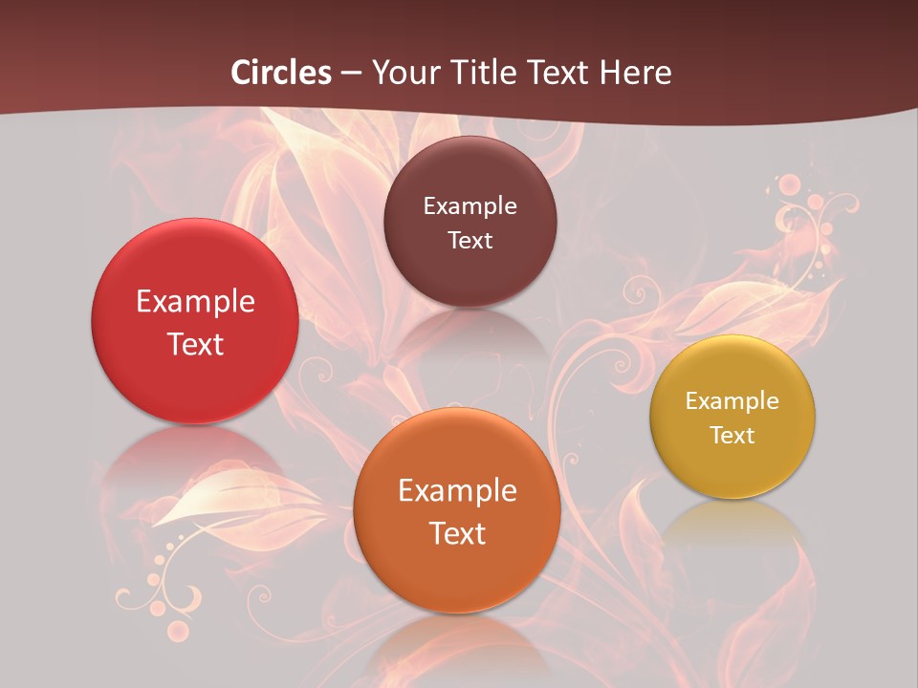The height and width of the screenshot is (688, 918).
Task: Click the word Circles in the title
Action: point(281,73)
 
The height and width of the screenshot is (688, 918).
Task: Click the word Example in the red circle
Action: point(195,302)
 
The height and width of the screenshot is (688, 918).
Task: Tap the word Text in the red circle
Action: point(195,344)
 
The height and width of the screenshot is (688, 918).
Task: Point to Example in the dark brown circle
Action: point(470,205)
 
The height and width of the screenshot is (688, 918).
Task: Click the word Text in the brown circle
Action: point(470,240)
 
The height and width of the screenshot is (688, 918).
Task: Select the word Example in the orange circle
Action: point(457,491)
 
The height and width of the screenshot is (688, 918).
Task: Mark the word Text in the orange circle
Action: point(457,533)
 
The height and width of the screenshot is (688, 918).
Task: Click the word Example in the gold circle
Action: point(732,401)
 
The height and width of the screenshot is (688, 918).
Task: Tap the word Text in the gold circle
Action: point(732,436)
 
